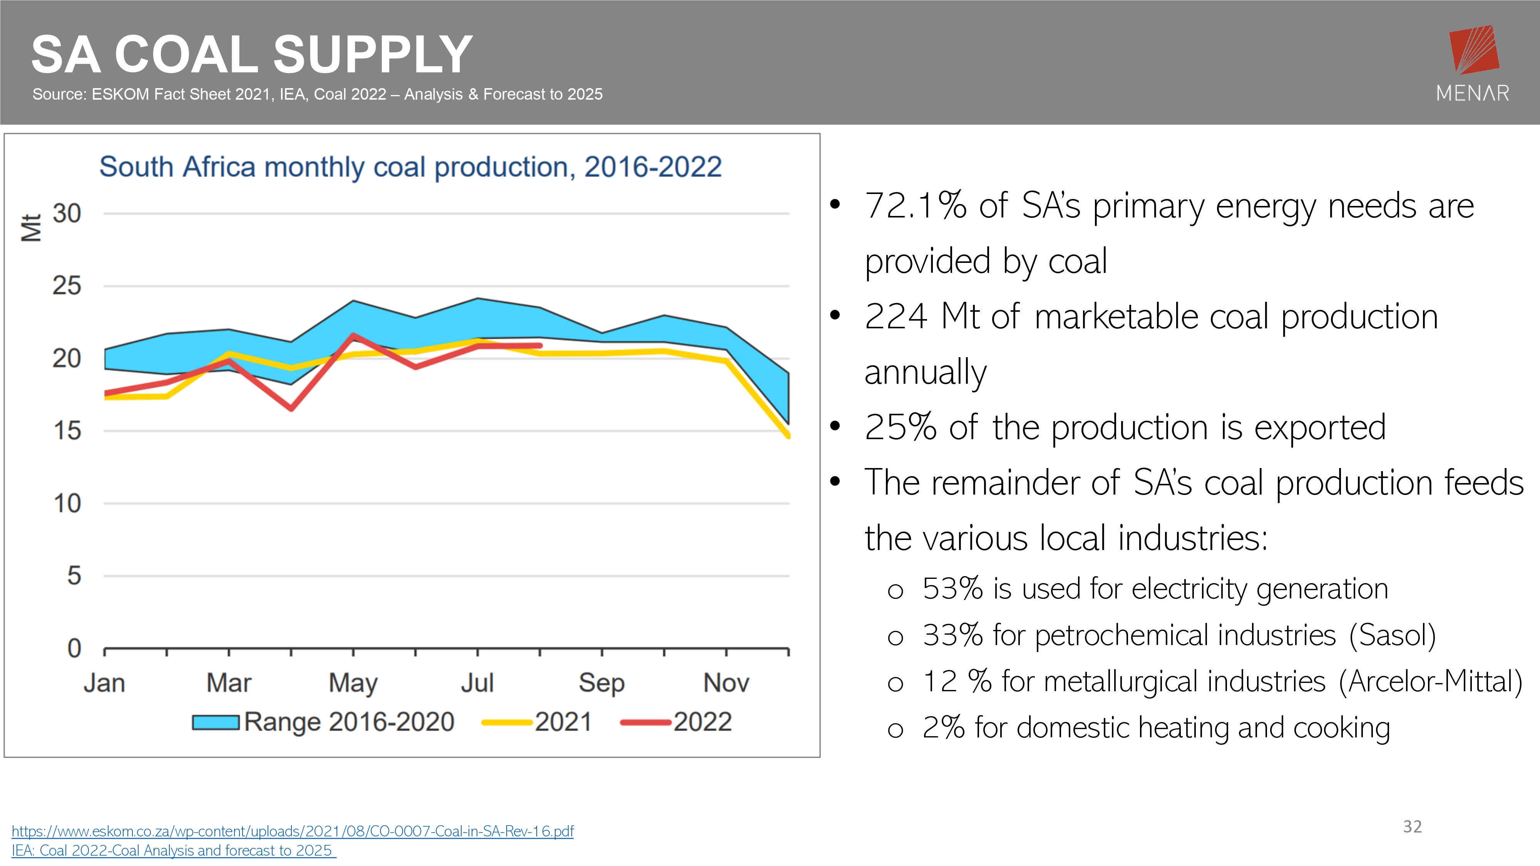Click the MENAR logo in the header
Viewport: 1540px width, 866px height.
click(1473, 63)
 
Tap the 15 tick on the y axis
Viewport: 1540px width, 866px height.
click(67, 431)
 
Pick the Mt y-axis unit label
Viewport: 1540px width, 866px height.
click(31, 228)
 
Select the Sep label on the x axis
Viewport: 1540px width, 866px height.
click(601, 682)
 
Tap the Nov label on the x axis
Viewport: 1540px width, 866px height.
click(726, 682)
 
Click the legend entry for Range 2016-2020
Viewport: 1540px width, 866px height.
click(323, 722)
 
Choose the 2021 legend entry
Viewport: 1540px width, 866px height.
click(537, 722)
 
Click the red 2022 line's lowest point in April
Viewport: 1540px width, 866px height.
click(291, 409)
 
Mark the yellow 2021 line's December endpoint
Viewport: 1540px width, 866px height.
click(788, 436)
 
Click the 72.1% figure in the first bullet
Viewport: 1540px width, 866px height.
click(915, 206)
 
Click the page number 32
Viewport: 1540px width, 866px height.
click(1412, 827)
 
